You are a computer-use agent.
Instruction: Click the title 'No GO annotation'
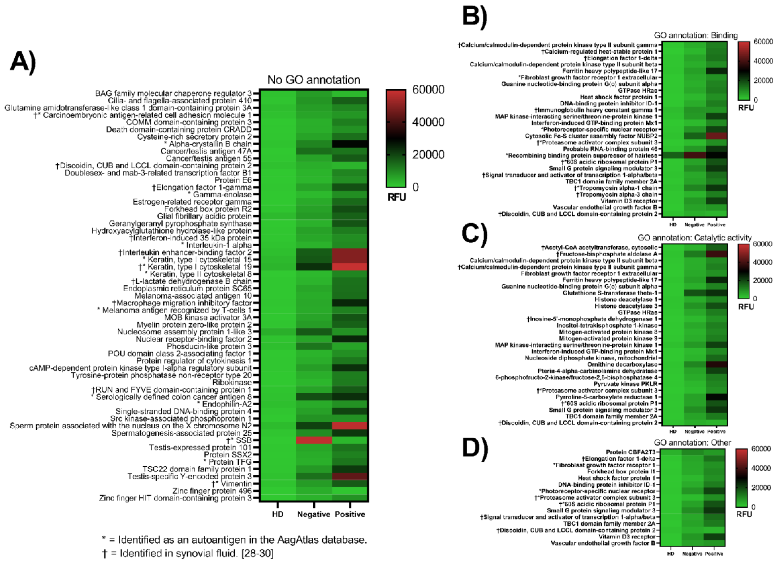click(314, 80)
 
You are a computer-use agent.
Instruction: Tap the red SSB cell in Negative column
click(314, 440)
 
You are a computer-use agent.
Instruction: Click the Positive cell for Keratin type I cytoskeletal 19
click(350, 267)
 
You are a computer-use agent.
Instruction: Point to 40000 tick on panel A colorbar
click(428, 122)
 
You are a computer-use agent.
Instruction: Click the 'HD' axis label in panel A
click(278, 514)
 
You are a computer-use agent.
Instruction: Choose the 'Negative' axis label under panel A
click(314, 514)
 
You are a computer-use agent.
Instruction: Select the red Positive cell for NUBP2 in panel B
click(716, 136)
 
